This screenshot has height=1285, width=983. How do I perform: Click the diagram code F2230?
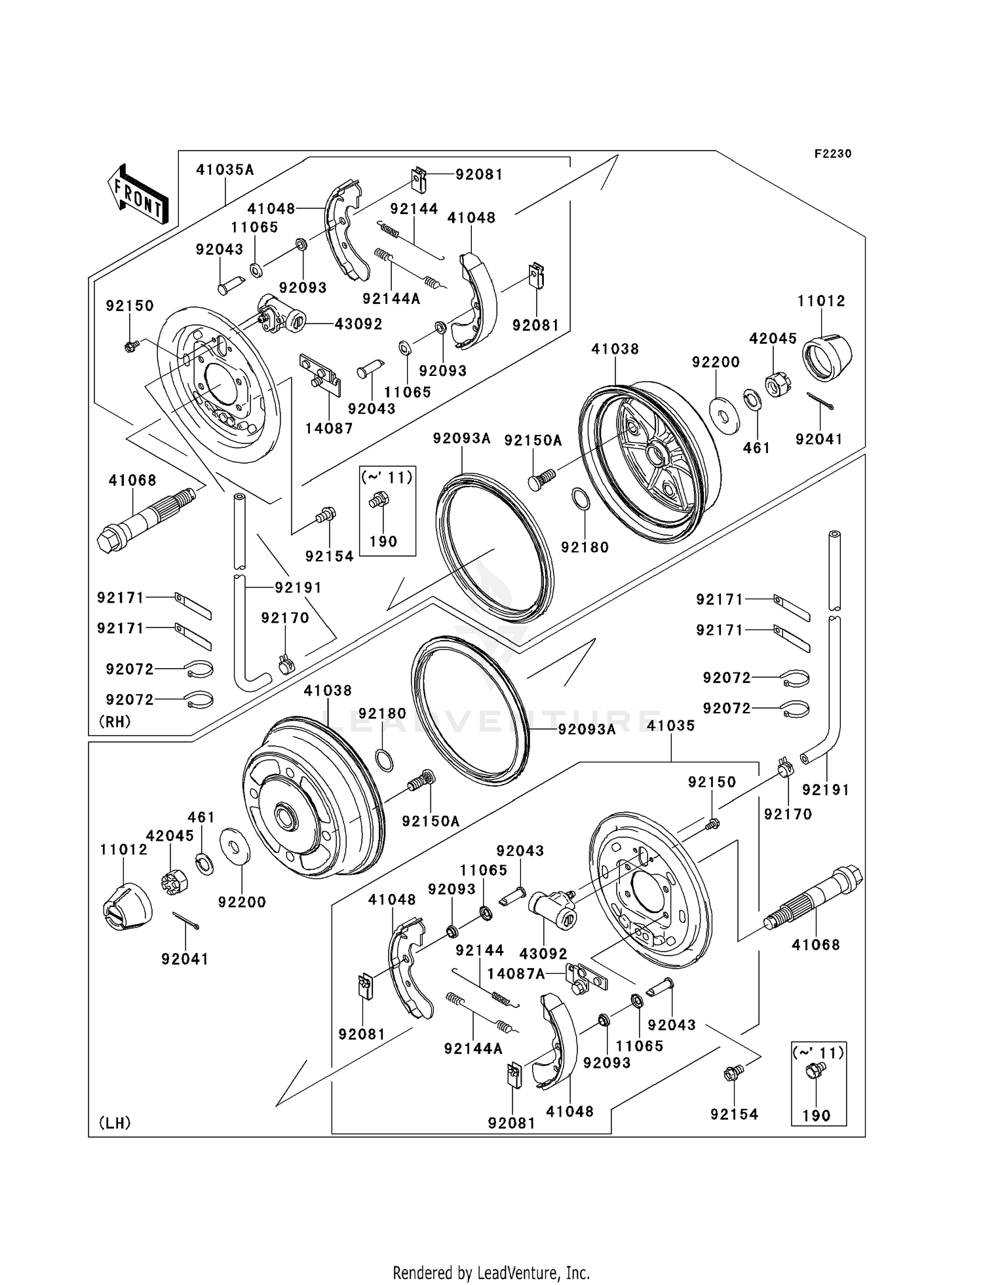pyautogui.click(x=832, y=153)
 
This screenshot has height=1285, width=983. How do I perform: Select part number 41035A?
pyautogui.click(x=225, y=170)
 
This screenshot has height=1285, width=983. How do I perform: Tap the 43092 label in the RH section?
pyautogui.click(x=358, y=324)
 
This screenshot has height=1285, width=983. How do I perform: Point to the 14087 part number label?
pyautogui.click(x=329, y=428)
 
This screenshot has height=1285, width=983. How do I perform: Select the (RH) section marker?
pyautogui.click(x=115, y=721)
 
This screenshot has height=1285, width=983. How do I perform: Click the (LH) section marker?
pyautogui.click(x=115, y=1123)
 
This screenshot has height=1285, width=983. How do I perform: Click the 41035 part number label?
pyautogui.click(x=670, y=726)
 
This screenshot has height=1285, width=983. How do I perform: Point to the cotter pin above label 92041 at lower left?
pyautogui.click(x=186, y=920)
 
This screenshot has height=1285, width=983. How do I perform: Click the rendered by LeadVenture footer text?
pyautogui.click(x=491, y=1273)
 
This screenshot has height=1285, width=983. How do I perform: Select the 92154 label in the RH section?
pyautogui.click(x=329, y=556)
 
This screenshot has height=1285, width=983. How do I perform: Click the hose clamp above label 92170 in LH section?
pyautogui.click(x=785, y=767)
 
